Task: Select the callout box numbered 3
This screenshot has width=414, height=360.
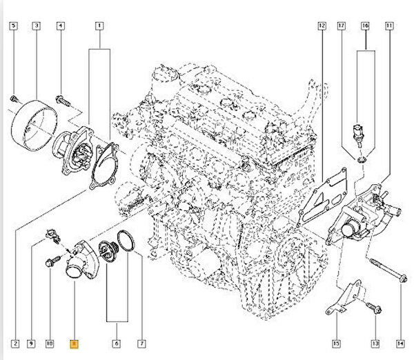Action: point(36,26)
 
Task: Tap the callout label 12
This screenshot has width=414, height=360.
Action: point(322,26)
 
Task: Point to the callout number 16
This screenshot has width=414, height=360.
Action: point(366,26)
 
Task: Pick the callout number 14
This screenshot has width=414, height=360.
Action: point(400,343)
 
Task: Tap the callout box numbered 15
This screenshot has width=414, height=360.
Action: point(336,343)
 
